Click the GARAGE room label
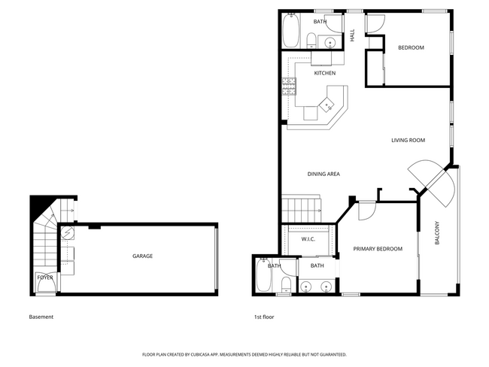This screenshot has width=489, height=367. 142,256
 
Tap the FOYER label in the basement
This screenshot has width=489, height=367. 45,278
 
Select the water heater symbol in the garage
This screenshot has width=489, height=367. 67,232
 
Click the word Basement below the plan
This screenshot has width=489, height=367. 41,317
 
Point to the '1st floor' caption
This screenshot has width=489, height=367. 264,317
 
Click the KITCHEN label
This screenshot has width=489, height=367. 324,73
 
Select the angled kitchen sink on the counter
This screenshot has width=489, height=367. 327,106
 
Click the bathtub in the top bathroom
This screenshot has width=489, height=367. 290,31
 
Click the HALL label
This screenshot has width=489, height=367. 352,35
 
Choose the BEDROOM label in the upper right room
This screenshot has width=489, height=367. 411,47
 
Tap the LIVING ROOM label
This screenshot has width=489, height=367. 408,141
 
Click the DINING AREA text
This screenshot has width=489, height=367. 323,174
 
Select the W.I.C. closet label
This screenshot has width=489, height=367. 308,239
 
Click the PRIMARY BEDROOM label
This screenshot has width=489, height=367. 378,249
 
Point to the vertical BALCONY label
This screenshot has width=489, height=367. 437,234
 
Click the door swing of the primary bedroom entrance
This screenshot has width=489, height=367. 365,211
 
